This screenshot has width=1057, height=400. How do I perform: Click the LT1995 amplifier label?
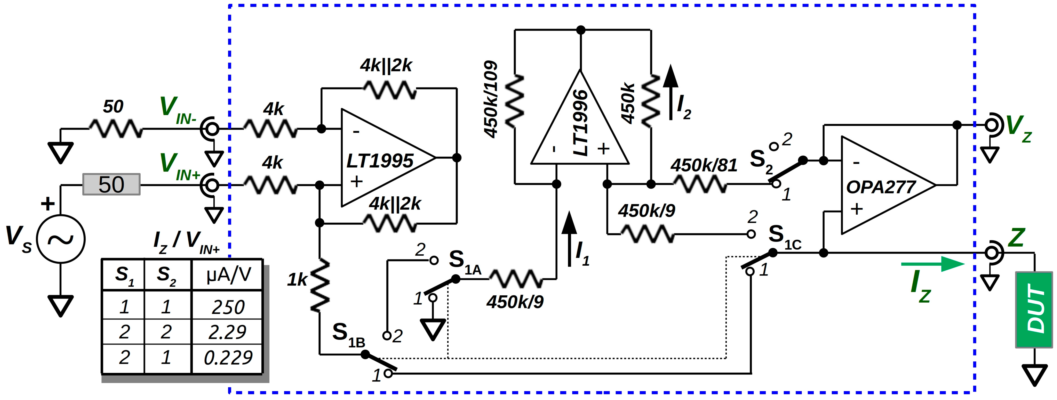click(x=379, y=161)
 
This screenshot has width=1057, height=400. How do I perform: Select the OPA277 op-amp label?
click(x=880, y=187)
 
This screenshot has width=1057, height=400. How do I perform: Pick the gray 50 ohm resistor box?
click(x=111, y=184)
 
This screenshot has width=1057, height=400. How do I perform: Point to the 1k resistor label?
click(x=297, y=280)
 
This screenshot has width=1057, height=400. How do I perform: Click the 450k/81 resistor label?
click(x=704, y=165)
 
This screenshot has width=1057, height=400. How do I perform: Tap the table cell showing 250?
click(x=228, y=307)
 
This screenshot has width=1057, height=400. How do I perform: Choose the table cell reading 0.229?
click(x=228, y=358)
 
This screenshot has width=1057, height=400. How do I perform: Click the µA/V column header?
click(x=228, y=274)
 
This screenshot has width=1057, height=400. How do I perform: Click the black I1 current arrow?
click(x=569, y=238)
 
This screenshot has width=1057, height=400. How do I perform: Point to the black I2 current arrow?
click(x=671, y=92)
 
